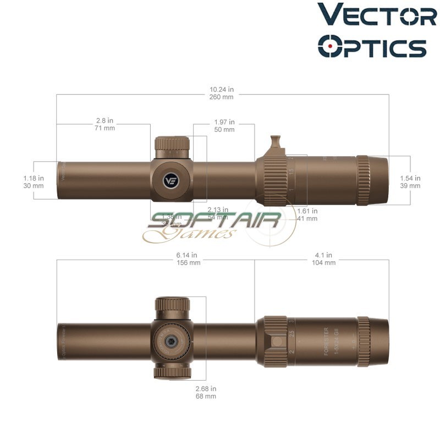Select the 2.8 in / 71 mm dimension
click(105, 124)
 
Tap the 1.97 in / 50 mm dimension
click(224, 126)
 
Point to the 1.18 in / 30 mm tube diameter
click(33, 182)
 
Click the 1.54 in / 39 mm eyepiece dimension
click(410, 182)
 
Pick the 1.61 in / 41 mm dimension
click(307, 215)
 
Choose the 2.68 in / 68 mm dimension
click(206, 392)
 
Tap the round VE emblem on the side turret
click(172, 180)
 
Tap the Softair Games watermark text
click(215, 226)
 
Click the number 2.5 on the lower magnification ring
click(292, 334)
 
